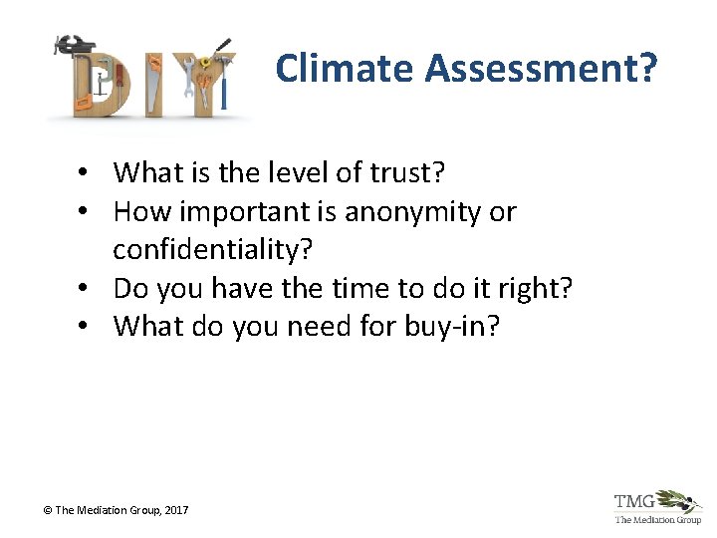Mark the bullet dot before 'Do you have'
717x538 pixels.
[x=89, y=288]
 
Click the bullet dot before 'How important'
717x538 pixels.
[x=89, y=212]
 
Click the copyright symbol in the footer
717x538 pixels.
[x=46, y=510]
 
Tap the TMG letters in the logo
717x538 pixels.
[x=634, y=501]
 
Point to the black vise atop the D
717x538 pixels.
[x=74, y=45]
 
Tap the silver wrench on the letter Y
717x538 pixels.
[x=187, y=85]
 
